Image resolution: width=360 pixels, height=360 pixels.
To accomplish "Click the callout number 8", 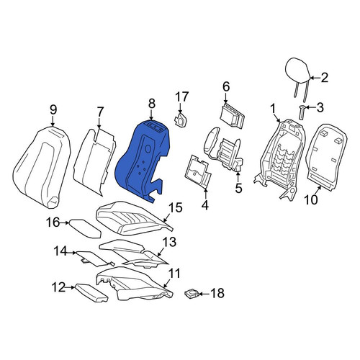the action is [x=151, y=104].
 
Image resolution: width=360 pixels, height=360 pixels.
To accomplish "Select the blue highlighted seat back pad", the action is [x=143, y=161].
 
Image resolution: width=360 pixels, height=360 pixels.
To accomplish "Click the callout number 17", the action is [x=181, y=96].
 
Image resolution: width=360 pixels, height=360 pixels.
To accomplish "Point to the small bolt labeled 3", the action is [x=302, y=112].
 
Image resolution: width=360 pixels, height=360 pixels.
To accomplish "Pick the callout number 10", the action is [x=311, y=199].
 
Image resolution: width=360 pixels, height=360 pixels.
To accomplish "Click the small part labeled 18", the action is [x=192, y=293].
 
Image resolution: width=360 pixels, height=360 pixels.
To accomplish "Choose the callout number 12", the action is [x=59, y=287].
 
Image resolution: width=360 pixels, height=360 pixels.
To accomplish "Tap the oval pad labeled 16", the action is [x=85, y=228].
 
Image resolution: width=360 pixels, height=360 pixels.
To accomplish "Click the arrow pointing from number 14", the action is [x=71, y=253].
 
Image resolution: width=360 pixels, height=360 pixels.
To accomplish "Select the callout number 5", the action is [x=238, y=188].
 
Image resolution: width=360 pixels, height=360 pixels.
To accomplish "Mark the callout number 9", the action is [x=53, y=110].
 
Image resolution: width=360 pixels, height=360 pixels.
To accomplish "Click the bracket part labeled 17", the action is [x=181, y=120].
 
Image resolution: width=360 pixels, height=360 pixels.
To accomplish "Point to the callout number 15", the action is [x=176, y=207].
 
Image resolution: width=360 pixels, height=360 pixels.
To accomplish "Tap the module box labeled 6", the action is [x=232, y=115].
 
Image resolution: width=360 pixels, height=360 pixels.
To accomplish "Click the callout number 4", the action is [x=204, y=205].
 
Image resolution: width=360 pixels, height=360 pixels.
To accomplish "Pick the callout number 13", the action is [x=169, y=242].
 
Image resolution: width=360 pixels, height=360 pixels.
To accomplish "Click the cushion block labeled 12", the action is [x=91, y=293].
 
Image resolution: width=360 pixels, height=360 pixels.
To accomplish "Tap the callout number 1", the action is [x=272, y=109].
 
